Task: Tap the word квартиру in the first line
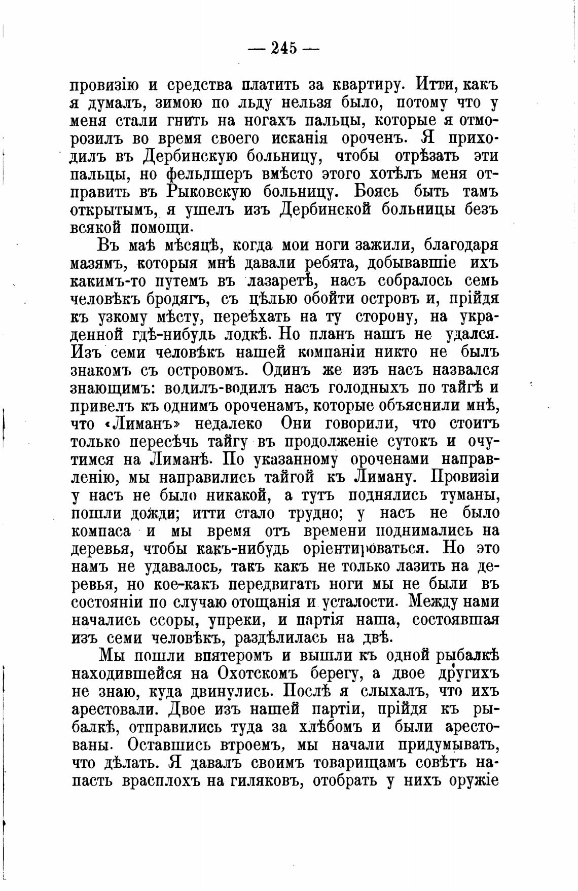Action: [x=370, y=85]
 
